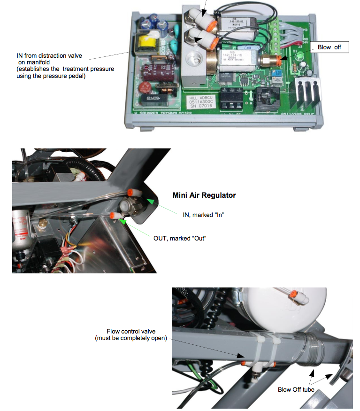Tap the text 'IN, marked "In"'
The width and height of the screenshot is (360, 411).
203,215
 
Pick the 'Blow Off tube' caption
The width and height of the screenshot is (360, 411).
296,389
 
